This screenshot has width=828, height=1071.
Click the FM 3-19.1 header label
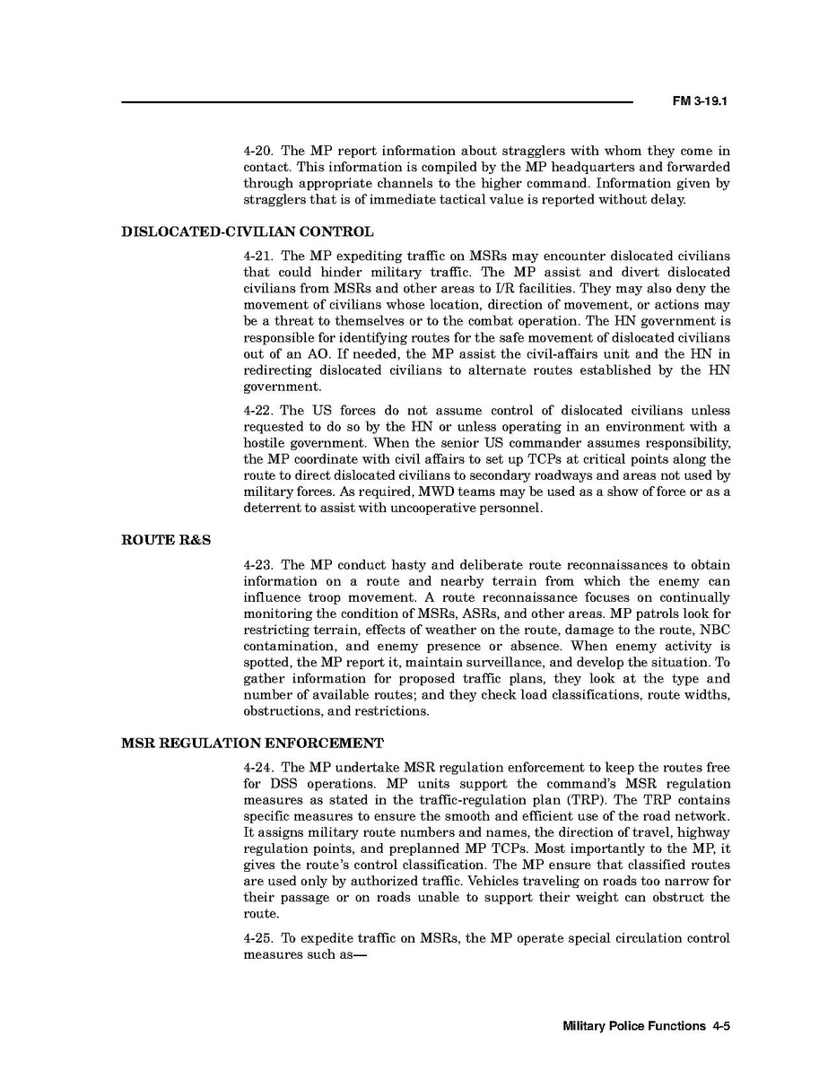point(698,102)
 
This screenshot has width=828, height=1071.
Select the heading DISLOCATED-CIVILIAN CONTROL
point(247,232)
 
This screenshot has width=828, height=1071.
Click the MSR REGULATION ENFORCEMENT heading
point(252,744)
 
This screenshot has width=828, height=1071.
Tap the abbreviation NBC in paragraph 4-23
point(715,630)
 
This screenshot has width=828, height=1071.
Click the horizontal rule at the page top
point(377,102)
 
